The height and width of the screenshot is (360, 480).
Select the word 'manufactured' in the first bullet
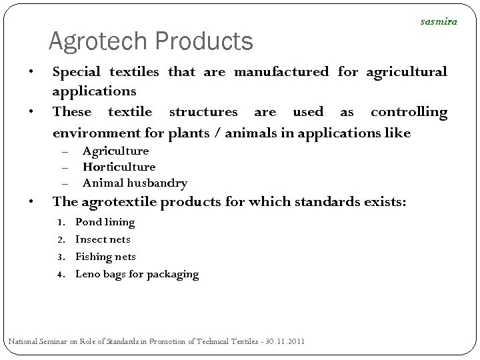[x=280, y=71]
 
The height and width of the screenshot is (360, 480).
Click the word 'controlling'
[x=409, y=111]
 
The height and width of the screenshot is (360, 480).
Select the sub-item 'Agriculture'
[x=115, y=151]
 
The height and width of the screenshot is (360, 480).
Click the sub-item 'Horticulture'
[x=119, y=167]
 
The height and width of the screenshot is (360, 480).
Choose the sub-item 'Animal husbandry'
[x=135, y=183]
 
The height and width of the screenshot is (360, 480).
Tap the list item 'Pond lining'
[x=105, y=222]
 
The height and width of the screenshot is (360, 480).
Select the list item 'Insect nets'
[x=103, y=239]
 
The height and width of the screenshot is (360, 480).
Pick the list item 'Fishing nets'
[x=105, y=257]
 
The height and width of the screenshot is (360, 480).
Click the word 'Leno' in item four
[x=88, y=274]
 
